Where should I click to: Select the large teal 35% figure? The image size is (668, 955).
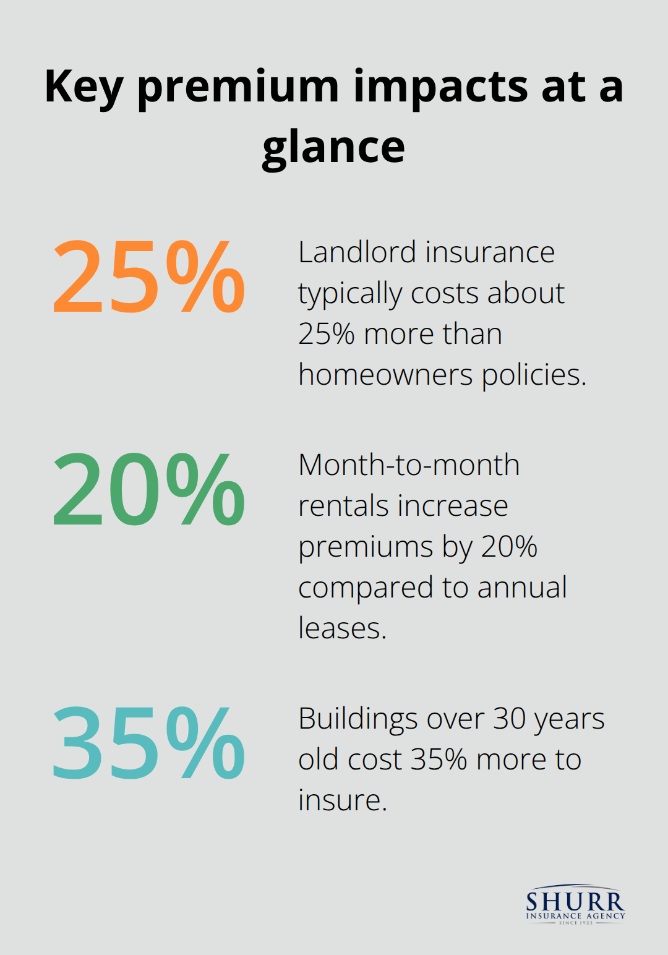[148, 743]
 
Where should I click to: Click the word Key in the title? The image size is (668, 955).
[83, 88]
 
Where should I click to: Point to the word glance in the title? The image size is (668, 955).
[333, 148]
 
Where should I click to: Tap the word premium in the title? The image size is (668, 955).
[238, 88]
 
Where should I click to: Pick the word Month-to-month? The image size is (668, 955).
[409, 465]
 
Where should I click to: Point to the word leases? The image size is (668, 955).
[342, 628]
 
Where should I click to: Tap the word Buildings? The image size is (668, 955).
[358, 719]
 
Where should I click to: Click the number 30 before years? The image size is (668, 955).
[509, 719]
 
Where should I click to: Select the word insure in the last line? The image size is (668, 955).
[342, 800]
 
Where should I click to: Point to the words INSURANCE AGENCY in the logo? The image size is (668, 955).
[575, 915]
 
